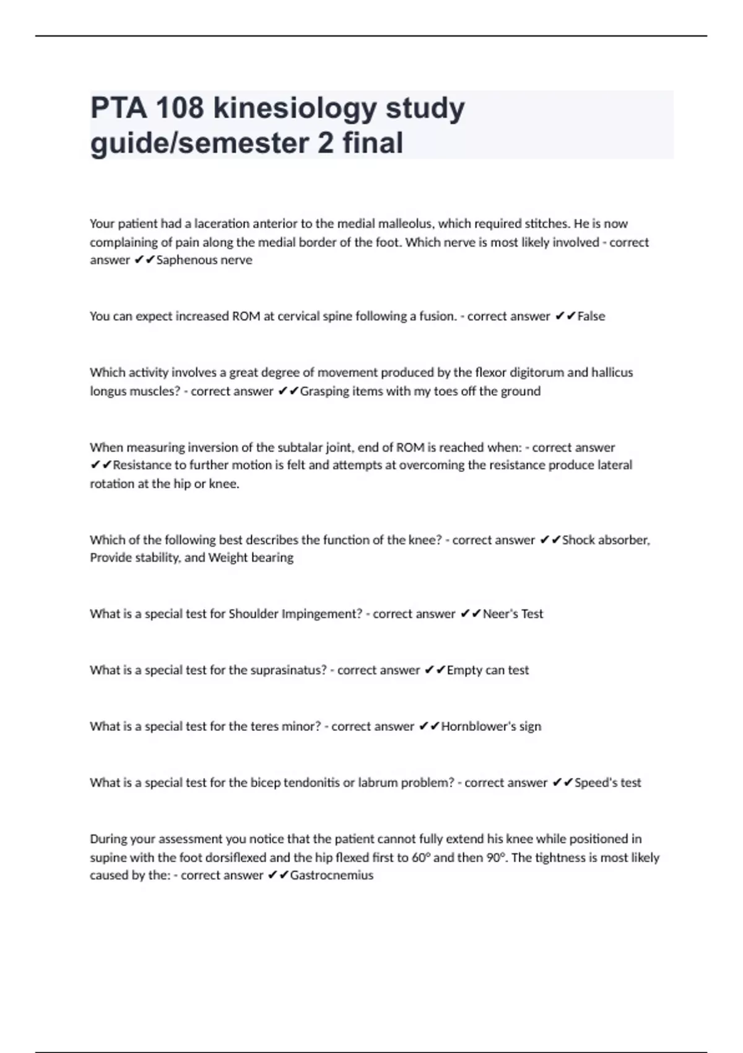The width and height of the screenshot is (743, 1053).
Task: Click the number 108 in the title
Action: point(180,108)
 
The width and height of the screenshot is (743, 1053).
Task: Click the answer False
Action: point(591,316)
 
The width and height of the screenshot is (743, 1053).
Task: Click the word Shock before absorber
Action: point(578,540)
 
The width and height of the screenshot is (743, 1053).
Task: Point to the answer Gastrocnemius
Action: point(332,875)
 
